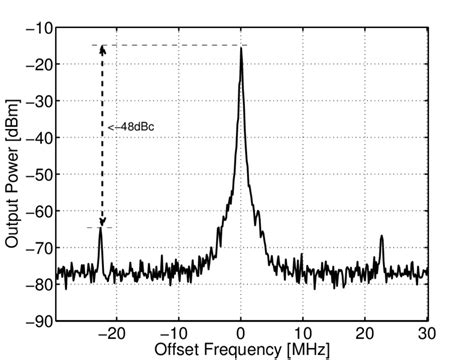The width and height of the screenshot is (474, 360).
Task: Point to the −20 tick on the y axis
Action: pyautogui.click(x=40, y=64)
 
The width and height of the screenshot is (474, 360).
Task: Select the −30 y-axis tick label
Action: pyautogui.click(x=40, y=101)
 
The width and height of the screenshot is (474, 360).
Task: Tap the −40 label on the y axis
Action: pyautogui.click(x=40, y=138)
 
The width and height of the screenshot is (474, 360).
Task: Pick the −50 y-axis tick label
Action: pyautogui.click(x=40, y=174)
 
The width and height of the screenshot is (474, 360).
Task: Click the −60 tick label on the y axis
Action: pyautogui.click(x=40, y=211)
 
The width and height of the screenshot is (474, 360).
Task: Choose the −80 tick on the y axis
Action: pyautogui.click(x=40, y=284)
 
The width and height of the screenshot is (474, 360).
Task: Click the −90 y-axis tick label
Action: pyautogui.click(x=40, y=321)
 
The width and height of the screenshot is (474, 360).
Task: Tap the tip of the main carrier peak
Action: pyautogui.click(x=241, y=47)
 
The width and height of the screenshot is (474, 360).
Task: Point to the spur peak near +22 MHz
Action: pyautogui.click(x=382, y=238)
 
